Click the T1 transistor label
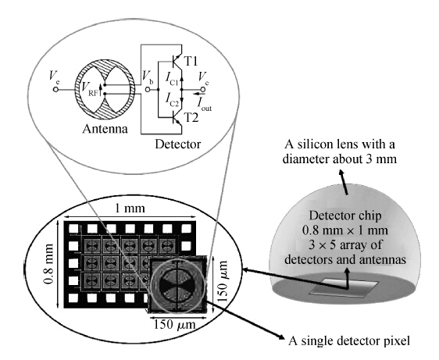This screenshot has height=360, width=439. [191, 61]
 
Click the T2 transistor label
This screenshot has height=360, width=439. [191, 118]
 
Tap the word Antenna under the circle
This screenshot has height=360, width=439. [105, 129]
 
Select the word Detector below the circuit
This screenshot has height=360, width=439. [178, 144]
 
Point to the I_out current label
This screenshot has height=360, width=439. [205, 104]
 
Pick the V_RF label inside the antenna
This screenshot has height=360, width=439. [90, 89]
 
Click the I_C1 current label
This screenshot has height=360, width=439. [171, 78]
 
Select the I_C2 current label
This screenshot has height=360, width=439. [172, 100]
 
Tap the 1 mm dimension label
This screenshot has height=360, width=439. [130, 209]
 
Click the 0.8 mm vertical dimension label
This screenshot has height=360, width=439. [49, 264]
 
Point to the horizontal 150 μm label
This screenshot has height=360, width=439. [174, 324]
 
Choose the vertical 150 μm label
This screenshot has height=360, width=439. [223, 282]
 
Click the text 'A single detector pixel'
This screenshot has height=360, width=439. [349, 341]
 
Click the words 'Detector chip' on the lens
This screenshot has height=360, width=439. [345, 216]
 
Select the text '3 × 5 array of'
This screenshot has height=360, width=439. [345, 245]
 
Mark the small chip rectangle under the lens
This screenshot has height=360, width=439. [344, 287]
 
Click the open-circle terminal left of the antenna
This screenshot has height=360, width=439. [55, 90]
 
